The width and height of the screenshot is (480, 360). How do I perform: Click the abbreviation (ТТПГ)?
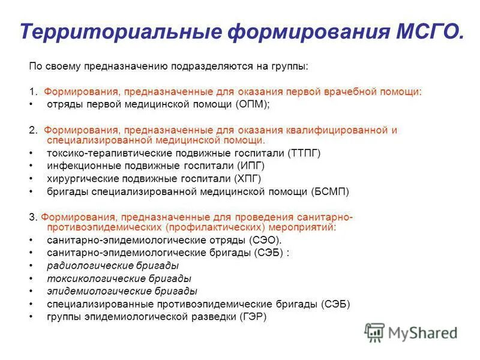click(304, 153)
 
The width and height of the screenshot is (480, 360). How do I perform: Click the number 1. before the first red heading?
click(34, 92)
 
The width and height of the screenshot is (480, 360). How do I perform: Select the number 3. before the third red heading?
click(34, 217)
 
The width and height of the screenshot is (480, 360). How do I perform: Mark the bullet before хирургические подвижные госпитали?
click(31, 179)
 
